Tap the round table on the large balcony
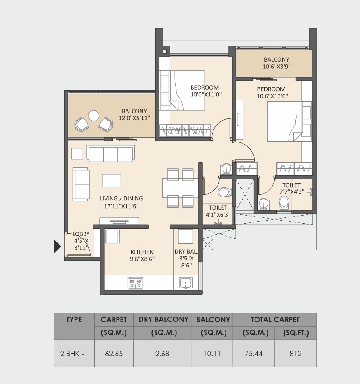pyautogui.click(x=94, y=116)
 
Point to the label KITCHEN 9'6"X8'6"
pyautogui.click(x=142, y=255)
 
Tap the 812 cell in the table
pyautogui.click(x=295, y=354)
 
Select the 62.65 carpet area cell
pyautogui.click(x=113, y=354)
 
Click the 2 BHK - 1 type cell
pyautogui.click(x=75, y=354)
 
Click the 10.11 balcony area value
pyautogui.click(x=212, y=354)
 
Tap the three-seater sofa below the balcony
pyautogui.click(x=110, y=154)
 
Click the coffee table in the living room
pyautogui.click(x=111, y=180)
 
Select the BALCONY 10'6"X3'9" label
pyautogui.click(x=276, y=63)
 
